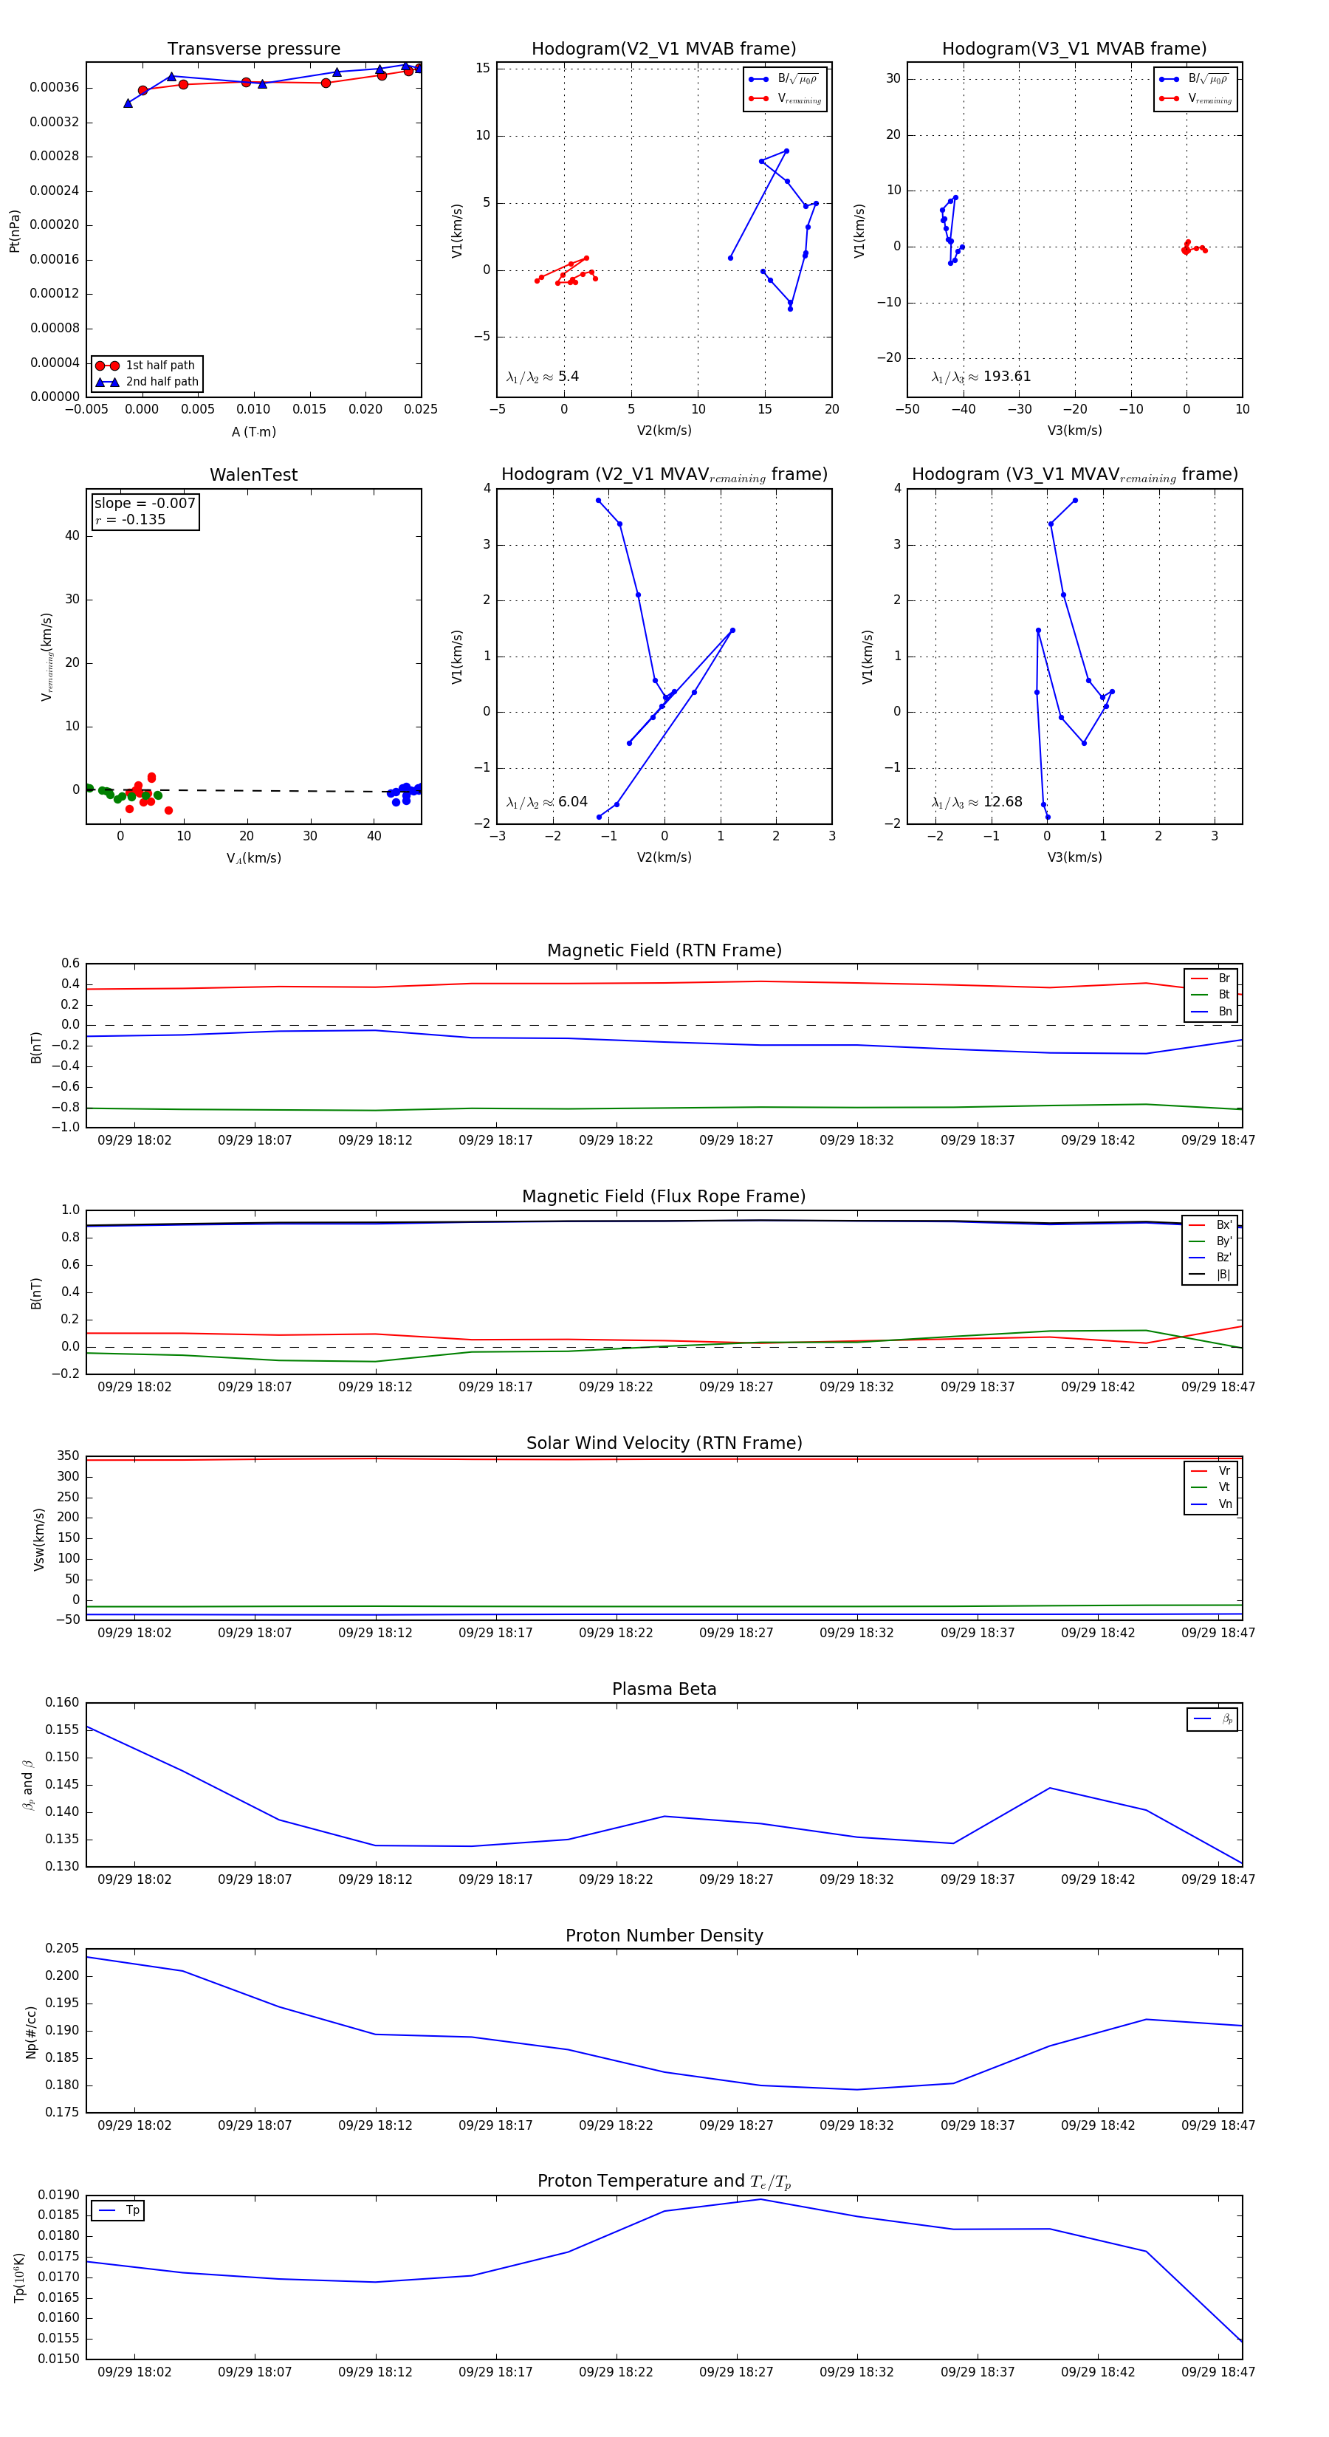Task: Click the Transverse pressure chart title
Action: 253,49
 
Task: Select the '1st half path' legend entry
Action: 159,365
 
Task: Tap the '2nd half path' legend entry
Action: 162,383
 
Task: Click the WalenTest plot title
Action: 253,475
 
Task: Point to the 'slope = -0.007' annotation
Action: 145,504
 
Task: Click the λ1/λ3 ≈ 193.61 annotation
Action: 981,377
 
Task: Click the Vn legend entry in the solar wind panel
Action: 1224,1504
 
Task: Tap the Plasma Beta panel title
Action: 664,1690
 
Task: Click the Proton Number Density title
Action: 664,1936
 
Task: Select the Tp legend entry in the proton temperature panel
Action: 132,2211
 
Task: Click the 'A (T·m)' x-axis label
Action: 253,432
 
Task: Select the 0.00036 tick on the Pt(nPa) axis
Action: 54,88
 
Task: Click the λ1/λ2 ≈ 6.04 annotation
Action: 546,802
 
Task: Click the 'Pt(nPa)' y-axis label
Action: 14,231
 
